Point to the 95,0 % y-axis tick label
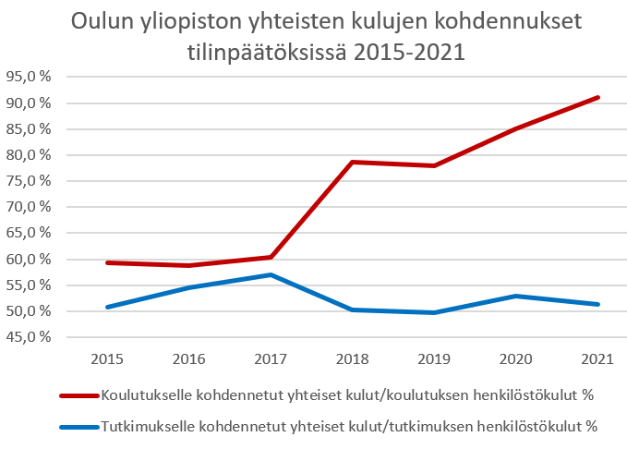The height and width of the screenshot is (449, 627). point(29,76)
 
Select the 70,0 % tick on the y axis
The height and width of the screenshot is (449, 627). point(29,207)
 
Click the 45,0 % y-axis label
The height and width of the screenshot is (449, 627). point(29,337)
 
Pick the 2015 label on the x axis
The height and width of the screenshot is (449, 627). point(107,359)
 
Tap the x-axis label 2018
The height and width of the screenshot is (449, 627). point(353,359)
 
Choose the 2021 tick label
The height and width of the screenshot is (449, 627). point(597,359)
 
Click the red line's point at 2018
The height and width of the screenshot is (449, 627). point(353,162)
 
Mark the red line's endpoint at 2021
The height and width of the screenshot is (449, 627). point(597,97)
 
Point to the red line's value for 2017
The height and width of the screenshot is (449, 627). point(271,257)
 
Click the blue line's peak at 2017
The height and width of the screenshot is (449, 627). point(271,275)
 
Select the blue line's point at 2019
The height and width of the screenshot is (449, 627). point(434,312)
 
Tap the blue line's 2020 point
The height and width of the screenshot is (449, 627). point(516,297)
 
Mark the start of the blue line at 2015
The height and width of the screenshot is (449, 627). point(107,307)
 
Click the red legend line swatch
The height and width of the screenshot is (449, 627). point(79,395)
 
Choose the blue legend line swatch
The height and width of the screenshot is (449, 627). point(79,427)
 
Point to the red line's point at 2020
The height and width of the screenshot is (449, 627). point(516,128)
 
